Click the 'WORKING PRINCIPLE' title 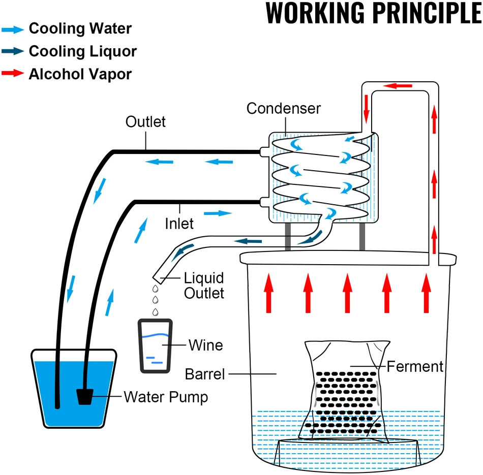tap(374, 13)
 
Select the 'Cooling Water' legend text tap(80, 28)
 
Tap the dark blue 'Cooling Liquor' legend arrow tap(13, 51)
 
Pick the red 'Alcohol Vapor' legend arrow tap(13, 73)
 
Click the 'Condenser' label tap(283, 108)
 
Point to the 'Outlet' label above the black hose tap(145, 121)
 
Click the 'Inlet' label tap(179, 224)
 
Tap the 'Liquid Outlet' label tap(204, 286)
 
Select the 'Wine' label tap(205, 345)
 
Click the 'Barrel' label tap(205, 374)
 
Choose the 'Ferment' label tap(414, 366)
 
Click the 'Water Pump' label tap(166, 397)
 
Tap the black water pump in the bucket tap(85, 397)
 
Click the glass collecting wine tap(155, 346)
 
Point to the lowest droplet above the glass tap(156, 312)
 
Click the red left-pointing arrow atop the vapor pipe tap(398, 85)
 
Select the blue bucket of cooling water tap(74, 389)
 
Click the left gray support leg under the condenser tap(288, 236)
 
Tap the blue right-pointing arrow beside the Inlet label tap(218, 213)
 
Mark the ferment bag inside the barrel tap(347, 392)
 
